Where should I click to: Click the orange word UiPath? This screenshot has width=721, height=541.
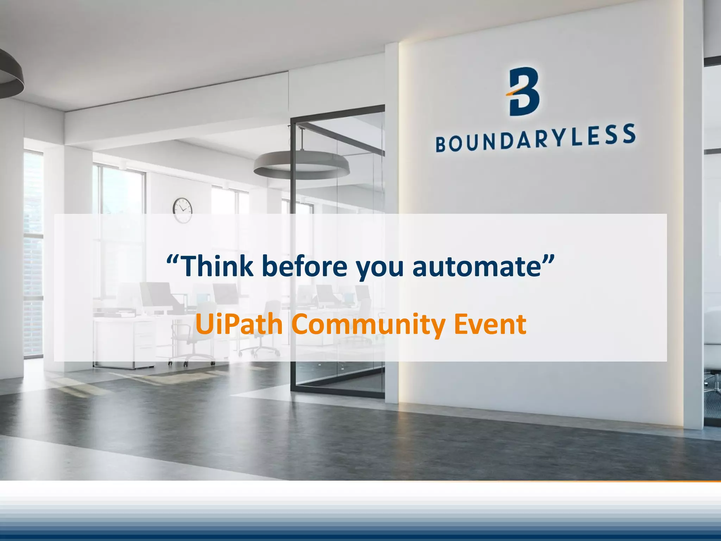tap(239, 324)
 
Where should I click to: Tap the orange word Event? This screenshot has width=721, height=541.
tap(490, 324)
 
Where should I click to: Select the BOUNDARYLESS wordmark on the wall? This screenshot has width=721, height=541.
tap(535, 138)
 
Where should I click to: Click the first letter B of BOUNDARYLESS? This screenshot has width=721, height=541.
tap(441, 144)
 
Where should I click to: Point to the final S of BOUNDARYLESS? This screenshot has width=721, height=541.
tap(629, 134)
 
